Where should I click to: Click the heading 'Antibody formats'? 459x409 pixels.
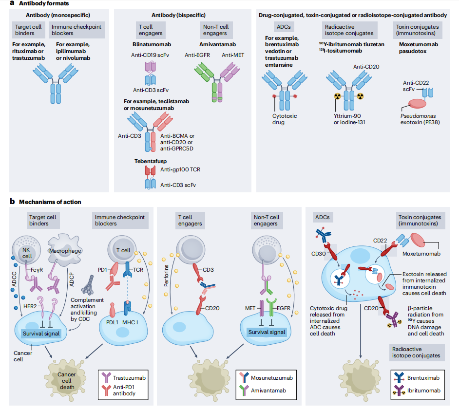tap(38, 3)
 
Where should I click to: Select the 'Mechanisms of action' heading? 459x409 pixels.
tap(46, 202)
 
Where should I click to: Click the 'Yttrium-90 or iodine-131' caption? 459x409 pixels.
tap(349, 119)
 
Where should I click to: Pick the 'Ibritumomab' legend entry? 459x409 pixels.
tap(422, 390)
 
